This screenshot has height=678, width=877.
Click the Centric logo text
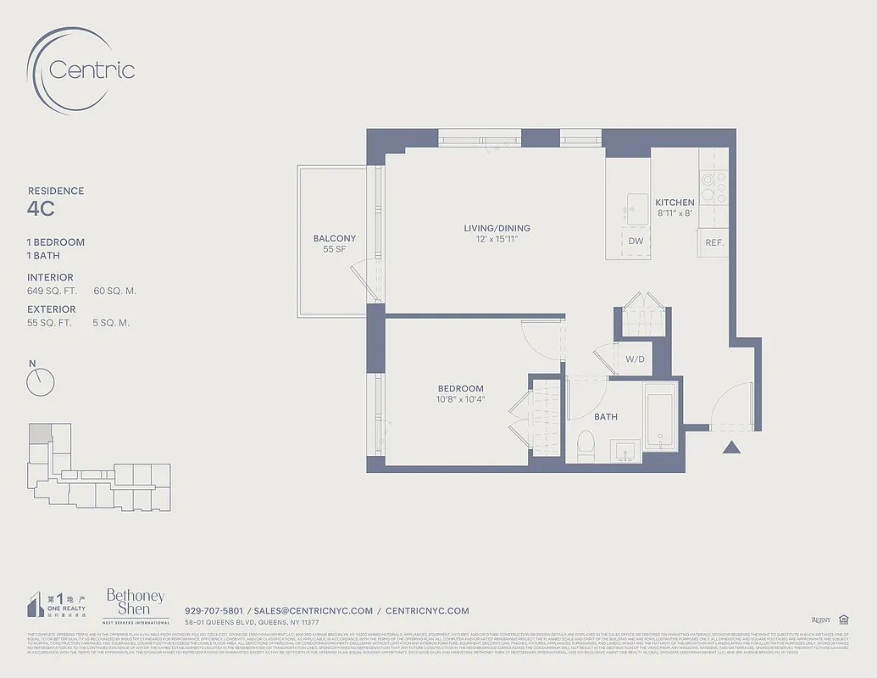(92, 69)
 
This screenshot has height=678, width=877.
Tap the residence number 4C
(42, 209)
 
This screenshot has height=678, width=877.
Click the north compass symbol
(40, 381)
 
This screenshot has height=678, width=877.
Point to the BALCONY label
(334, 238)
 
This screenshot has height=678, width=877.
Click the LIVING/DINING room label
(497, 228)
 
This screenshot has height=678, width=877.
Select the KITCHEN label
(674, 203)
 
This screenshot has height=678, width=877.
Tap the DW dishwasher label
(636, 242)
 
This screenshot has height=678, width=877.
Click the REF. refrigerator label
(715, 242)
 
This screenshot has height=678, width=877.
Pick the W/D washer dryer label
(635, 359)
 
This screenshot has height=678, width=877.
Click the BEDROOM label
(460, 389)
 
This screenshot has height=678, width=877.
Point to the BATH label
(605, 417)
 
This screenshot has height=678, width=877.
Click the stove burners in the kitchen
(713, 186)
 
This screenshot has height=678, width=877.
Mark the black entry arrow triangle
(732, 447)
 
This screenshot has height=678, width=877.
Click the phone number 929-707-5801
(214, 611)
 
